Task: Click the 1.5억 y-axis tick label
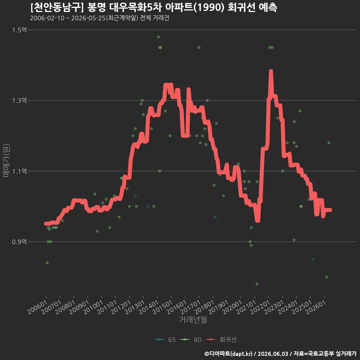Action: (19, 30)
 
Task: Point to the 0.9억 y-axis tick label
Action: (19, 242)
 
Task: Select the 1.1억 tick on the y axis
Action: (19, 171)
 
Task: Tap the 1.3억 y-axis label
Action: (19, 100)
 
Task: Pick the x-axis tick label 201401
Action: (149, 307)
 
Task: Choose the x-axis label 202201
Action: (260, 307)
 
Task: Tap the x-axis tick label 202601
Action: (316, 307)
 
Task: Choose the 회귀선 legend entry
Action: (221, 340)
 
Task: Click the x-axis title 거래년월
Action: (193, 319)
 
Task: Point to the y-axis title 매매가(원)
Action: (6, 160)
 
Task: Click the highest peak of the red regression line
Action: (271, 71)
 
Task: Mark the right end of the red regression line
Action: (330, 210)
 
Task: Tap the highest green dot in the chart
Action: (158, 37)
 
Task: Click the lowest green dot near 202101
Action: (257, 284)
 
